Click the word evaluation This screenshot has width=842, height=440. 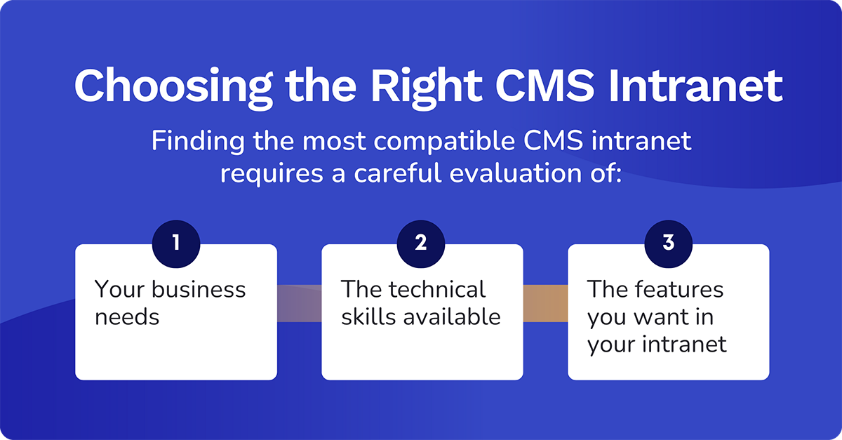coord(520,173)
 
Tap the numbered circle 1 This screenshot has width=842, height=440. coord(175,244)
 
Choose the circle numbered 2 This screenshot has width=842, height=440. coord(421,244)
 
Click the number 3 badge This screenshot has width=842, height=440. coord(668,244)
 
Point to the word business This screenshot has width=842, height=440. coord(199,289)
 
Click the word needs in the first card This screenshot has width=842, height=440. coord(127,317)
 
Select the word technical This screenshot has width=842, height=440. coord(436,289)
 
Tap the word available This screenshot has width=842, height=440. coord(452,316)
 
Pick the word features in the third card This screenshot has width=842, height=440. coord(676,289)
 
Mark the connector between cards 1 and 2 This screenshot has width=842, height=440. coord(299,303)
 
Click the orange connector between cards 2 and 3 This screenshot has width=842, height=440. coord(545,303)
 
